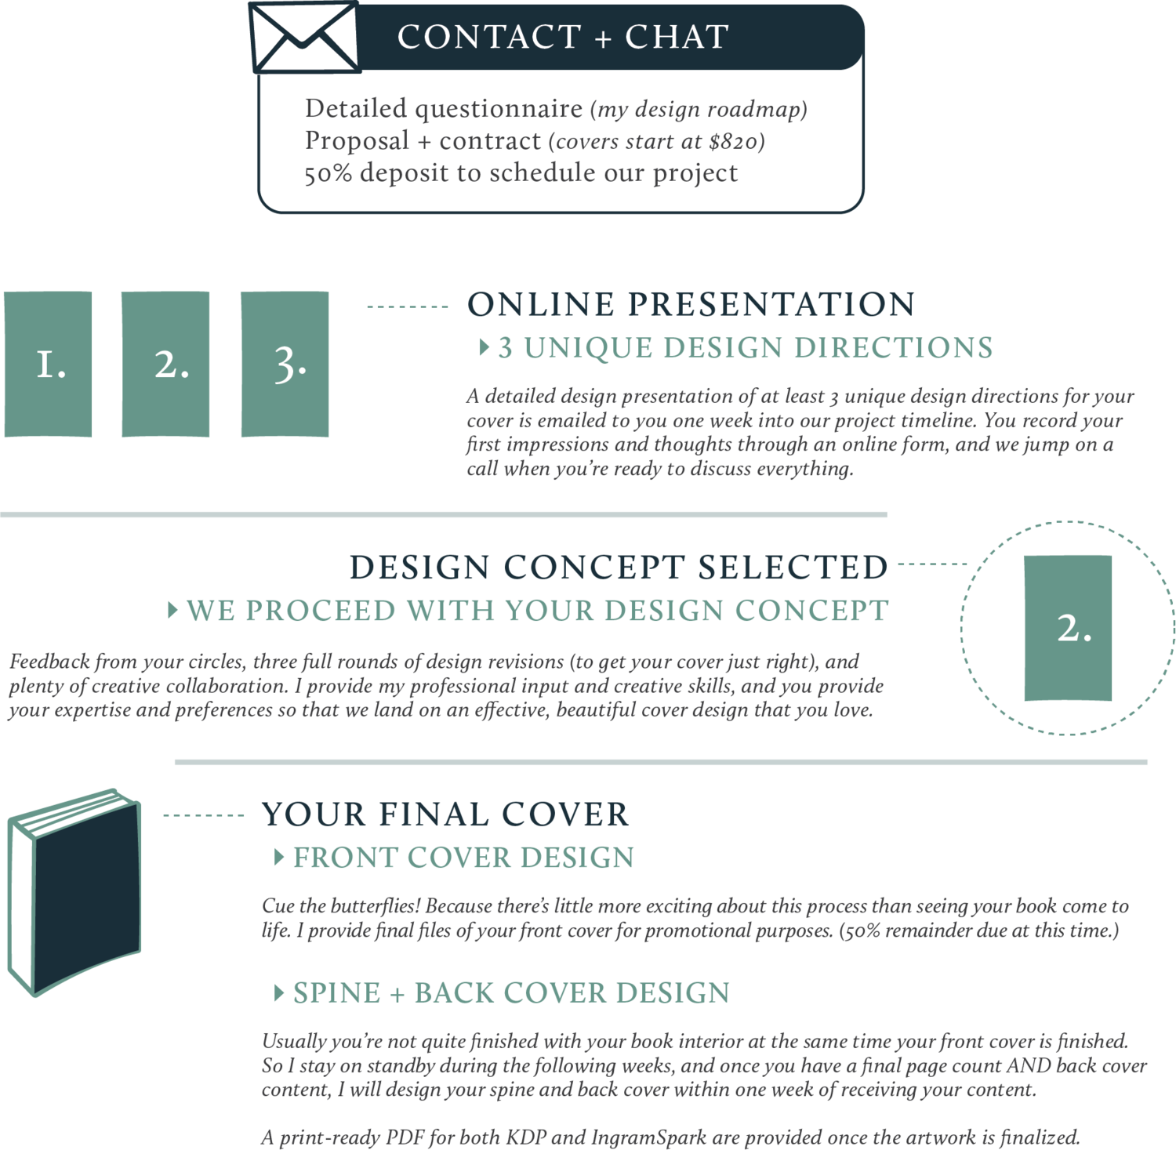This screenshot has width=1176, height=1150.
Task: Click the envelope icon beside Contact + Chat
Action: click(x=304, y=38)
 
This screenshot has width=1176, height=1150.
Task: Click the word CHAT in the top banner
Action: click(x=677, y=37)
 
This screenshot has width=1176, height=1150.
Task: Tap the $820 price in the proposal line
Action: click(x=732, y=142)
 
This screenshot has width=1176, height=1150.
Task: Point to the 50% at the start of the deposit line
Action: click(x=328, y=173)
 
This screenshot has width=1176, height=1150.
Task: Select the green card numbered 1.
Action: click(x=49, y=364)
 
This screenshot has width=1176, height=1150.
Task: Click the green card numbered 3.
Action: click(x=285, y=364)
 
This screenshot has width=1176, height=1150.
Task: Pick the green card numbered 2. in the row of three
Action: click(x=166, y=364)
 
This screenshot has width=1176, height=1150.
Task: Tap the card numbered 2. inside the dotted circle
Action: click(x=1068, y=628)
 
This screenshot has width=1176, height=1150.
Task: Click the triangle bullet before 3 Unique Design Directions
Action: click(x=484, y=347)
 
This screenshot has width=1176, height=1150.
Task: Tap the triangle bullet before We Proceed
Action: click(x=173, y=611)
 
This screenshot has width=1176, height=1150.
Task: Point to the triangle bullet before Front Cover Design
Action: click(x=279, y=857)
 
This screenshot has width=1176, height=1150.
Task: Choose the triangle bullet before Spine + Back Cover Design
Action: click(x=279, y=993)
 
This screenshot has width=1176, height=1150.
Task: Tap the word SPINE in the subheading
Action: click(x=336, y=993)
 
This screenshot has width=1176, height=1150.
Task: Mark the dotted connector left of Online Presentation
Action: click(x=407, y=307)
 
